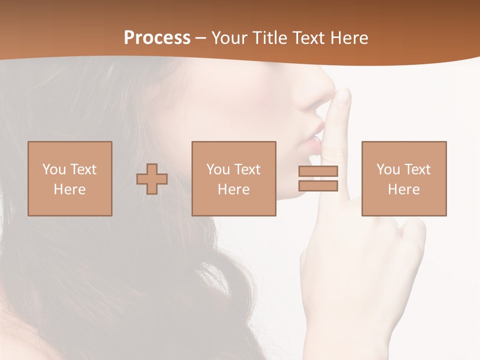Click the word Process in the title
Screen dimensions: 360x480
(157, 37)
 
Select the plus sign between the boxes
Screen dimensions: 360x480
(152, 179)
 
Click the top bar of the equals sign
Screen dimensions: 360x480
(318, 171)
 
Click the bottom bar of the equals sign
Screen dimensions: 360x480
(318, 186)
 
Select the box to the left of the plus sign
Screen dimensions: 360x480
(69, 178)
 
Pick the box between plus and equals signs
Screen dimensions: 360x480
(233, 178)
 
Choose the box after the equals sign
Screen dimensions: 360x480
(403, 178)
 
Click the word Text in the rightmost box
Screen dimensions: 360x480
(416, 169)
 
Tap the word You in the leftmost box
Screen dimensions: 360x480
(54, 169)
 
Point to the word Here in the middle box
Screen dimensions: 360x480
(233, 189)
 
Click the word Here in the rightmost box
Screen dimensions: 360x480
(403, 189)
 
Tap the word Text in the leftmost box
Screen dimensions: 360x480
(82, 169)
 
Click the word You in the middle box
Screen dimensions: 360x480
(218, 169)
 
